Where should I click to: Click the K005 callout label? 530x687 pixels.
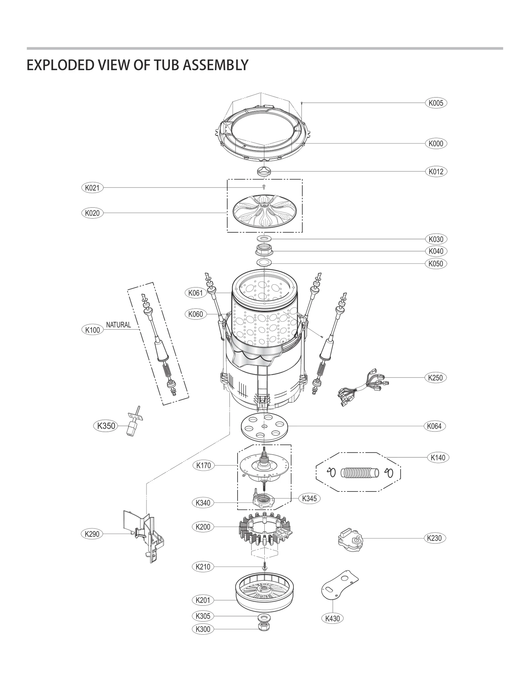click(x=436, y=103)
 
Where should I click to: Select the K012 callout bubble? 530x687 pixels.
click(x=436, y=172)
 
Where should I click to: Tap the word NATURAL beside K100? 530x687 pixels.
click(x=118, y=325)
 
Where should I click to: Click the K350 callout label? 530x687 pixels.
click(x=106, y=426)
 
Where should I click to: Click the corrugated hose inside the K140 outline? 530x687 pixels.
click(x=359, y=473)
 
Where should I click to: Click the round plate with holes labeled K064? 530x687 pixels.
click(x=264, y=426)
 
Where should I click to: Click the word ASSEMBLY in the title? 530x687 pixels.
click(x=215, y=65)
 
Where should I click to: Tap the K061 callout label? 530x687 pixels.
click(x=195, y=293)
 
